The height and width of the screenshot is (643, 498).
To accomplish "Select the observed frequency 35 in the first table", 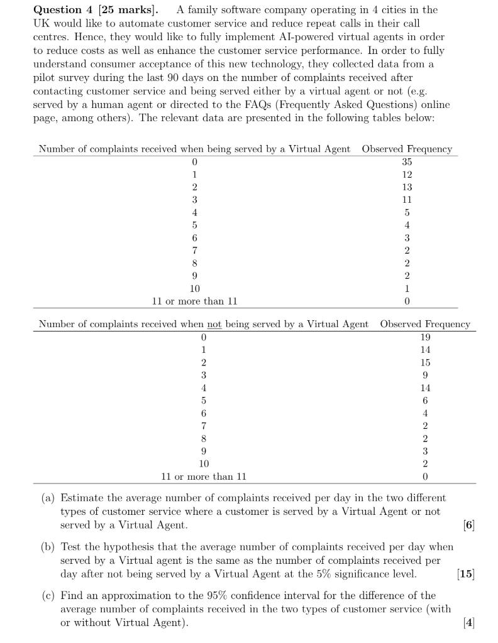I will [x=407, y=161].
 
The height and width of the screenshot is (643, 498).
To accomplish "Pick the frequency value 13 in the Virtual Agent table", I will [x=407, y=187].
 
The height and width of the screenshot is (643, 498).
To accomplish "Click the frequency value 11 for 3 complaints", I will [x=407, y=200].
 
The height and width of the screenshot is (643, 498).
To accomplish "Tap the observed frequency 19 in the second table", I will [x=425, y=337].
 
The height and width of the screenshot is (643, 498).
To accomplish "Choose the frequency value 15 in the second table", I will [x=425, y=362].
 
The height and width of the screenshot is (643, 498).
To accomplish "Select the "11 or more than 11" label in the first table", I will [x=195, y=301].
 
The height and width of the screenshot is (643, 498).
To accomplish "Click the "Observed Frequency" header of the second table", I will [x=425, y=324].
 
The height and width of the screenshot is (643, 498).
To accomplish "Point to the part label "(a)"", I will [x=48, y=498].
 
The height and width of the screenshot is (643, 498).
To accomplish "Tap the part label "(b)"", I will [x=48, y=547].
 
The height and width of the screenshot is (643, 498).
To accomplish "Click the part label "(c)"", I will [x=48, y=595].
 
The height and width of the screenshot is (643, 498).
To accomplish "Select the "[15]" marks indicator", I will [x=466, y=573].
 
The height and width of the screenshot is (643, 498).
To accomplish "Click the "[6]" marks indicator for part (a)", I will [x=468, y=525].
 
